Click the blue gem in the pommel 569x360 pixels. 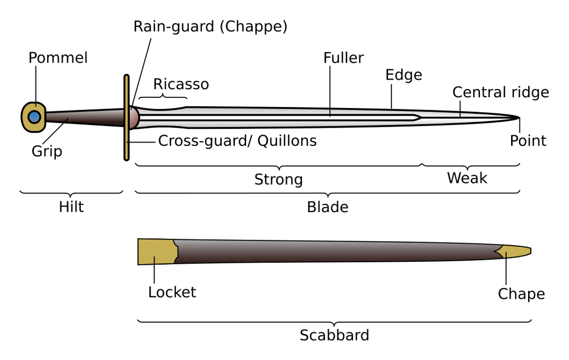pyautogui.click(x=35, y=117)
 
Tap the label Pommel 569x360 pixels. pyautogui.click(x=58, y=58)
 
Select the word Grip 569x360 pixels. pyautogui.click(x=47, y=152)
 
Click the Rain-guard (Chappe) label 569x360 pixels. pyautogui.click(x=211, y=26)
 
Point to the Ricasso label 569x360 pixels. pyautogui.click(x=181, y=84)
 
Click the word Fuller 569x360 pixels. pyautogui.click(x=343, y=58)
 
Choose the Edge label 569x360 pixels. pyautogui.click(x=403, y=75)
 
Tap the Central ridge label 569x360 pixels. pyautogui.click(x=500, y=92)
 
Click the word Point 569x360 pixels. pyautogui.click(x=528, y=141)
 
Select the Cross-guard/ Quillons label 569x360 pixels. pyautogui.click(x=237, y=141)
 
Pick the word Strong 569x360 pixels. pyautogui.click(x=278, y=179)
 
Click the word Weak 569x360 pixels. pyautogui.click(x=467, y=178)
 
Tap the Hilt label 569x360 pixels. pyautogui.click(x=71, y=207)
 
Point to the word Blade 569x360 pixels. pyautogui.click(x=327, y=207)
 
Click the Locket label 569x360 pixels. pyautogui.click(x=172, y=292)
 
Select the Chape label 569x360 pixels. pyautogui.click(x=521, y=294)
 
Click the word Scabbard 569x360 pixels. pyautogui.click(x=334, y=335)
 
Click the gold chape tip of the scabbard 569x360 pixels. pyautogui.click(x=515, y=251)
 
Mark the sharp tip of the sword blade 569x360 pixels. pyautogui.click(x=519, y=117)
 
